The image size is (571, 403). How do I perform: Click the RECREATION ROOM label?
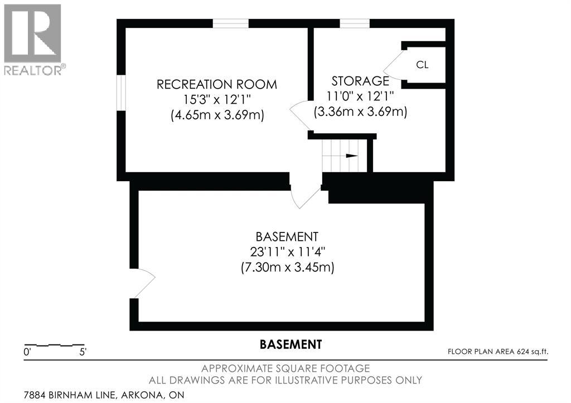pos(216,85)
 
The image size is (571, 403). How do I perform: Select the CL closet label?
pos(422,65)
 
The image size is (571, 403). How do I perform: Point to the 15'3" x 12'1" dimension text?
pos(217,100)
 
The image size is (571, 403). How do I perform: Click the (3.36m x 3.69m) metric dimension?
pos(361,111)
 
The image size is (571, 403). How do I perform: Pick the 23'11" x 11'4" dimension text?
pos(287,251)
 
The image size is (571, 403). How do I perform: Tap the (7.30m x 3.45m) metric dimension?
pos(287,268)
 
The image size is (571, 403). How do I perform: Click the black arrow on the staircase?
pos(351,156)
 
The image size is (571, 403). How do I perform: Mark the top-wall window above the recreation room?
pos(231,23)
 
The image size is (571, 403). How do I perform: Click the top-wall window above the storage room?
pos(355,23)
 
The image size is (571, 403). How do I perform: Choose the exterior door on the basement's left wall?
pos(143,283)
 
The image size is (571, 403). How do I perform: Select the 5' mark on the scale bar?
pos(83,352)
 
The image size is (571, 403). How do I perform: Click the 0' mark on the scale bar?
pos(26,352)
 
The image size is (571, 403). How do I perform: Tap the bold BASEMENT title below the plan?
pos(291,344)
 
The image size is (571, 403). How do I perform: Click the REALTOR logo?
pos(33,39)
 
